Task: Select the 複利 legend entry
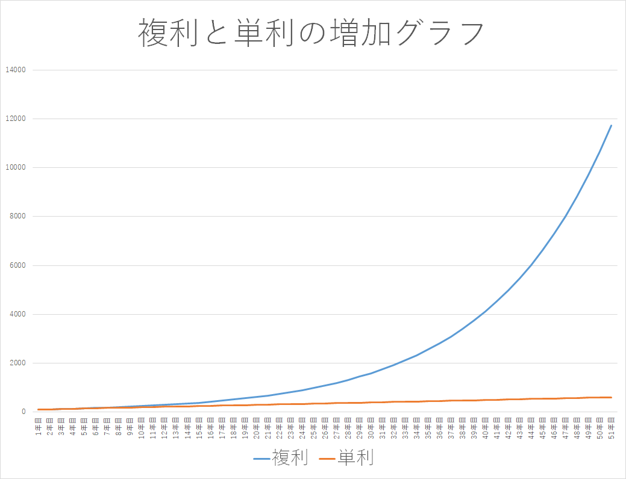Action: [290, 458]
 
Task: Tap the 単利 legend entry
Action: [355, 458]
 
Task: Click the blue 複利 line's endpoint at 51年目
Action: [612, 125]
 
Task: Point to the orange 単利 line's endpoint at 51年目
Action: [612, 397]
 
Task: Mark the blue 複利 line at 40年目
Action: [486, 311]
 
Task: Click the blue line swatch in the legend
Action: [263, 459]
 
